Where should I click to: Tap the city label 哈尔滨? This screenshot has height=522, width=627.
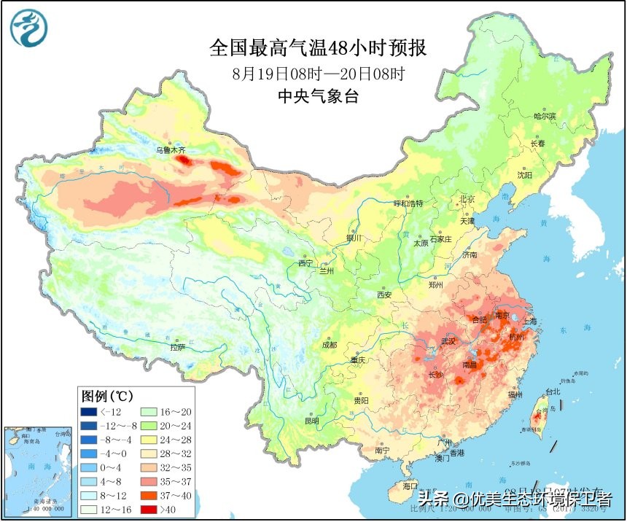545,116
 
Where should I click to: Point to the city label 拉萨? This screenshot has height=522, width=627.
178,348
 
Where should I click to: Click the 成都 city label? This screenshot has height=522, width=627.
330,345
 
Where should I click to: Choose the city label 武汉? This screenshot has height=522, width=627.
448,341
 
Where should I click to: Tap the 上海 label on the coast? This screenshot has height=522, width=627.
529,322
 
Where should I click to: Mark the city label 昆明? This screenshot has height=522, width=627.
312,421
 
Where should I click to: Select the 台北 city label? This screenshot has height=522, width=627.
553,391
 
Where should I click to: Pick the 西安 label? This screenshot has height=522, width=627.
384,295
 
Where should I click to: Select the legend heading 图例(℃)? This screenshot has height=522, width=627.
106,397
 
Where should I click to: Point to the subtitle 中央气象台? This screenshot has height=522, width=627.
318,96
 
